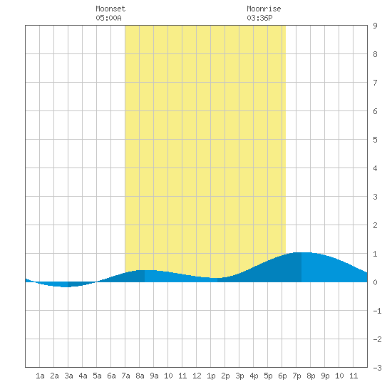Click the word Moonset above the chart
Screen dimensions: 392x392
click(110, 9)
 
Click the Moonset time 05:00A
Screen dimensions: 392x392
click(109, 18)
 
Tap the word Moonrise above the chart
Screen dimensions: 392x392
click(264, 9)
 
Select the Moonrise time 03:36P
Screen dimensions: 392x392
click(259, 18)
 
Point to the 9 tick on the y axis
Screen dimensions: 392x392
click(375, 26)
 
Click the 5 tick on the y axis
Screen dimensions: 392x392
click(375, 140)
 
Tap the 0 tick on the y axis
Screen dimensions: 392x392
click(375, 282)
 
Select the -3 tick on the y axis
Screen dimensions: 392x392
click(377, 368)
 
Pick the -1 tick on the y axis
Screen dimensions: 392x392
click(377, 311)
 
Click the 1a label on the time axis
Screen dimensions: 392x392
click(40, 376)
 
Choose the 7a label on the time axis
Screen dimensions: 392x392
click(125, 376)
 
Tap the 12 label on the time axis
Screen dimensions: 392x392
click(197, 376)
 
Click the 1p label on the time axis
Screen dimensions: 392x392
click(211, 376)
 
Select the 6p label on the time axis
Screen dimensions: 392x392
click(282, 376)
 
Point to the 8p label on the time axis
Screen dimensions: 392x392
click(311, 376)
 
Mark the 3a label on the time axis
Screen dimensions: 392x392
click(68, 376)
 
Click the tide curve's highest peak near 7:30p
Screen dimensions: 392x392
click(302, 253)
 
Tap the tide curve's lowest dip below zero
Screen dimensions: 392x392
click(65, 287)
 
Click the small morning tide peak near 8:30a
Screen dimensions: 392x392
click(145, 271)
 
